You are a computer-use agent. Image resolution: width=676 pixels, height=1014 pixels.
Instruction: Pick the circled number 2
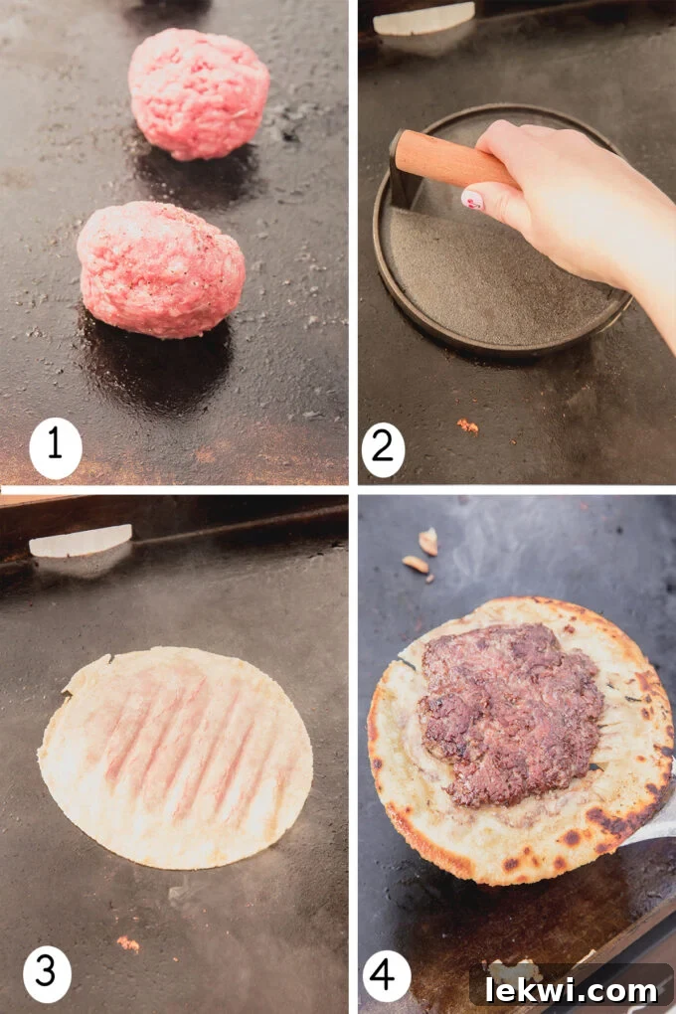(384, 448)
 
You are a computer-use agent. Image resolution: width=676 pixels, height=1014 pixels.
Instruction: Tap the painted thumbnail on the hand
(474, 200)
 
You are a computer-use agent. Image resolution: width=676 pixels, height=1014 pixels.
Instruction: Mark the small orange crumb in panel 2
(466, 425)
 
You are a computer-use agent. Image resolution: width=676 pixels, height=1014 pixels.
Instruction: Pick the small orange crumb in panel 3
(127, 942)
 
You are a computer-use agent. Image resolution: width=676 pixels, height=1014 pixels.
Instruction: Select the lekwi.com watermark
(570, 989)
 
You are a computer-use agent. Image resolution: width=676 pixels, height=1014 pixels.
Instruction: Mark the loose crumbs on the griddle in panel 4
(423, 552)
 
